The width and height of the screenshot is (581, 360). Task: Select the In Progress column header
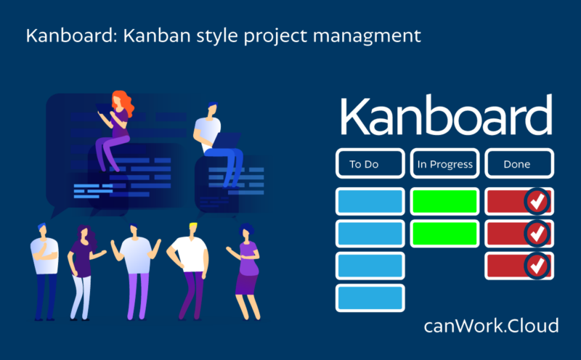444,164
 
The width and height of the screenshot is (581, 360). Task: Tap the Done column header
518,164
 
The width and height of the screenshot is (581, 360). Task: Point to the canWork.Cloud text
491,326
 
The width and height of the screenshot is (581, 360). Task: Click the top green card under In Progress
444,201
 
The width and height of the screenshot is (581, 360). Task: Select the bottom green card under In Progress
444,233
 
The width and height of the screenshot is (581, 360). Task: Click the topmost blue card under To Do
370,201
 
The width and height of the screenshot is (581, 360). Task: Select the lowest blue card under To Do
370,297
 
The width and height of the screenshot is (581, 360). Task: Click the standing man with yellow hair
190,269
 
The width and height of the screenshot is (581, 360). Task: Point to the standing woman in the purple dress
248,269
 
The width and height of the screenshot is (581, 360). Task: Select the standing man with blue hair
44,269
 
